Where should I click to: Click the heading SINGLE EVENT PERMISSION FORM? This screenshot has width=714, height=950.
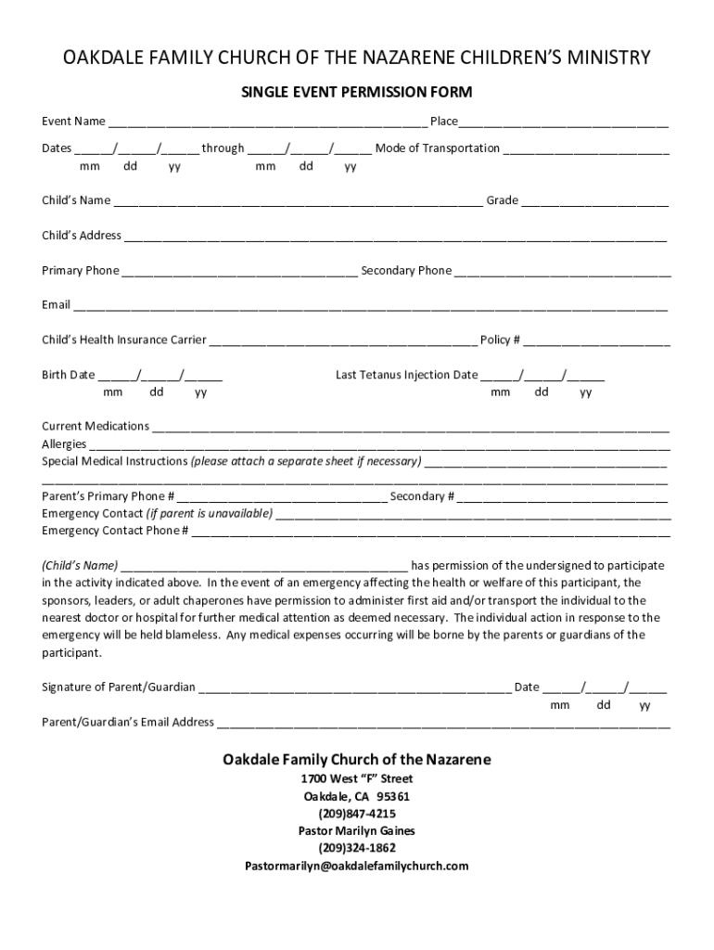[357, 93]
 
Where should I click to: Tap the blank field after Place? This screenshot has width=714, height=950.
[564, 122]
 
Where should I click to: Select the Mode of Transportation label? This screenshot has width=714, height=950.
[437, 148]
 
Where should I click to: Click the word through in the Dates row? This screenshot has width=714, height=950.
[223, 148]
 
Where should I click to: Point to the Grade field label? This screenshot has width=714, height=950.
[502, 200]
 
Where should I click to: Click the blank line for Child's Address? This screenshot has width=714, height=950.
[395, 237]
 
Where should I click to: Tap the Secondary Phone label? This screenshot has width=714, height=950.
[406, 271]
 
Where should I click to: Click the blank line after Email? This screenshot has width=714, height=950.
[371, 306]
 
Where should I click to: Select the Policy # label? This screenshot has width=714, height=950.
[499, 340]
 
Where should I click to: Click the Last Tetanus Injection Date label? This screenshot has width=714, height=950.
[407, 376]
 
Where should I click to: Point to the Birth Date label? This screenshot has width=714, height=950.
[68, 376]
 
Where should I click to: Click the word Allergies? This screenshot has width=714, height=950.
[64, 444]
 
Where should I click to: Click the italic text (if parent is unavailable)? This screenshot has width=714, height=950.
[210, 514]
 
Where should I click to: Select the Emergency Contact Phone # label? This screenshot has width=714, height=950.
[115, 532]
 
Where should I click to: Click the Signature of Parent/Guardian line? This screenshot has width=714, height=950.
[354, 688]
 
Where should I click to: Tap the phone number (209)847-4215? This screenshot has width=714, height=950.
[357, 814]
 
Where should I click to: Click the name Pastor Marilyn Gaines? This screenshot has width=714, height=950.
[357, 831]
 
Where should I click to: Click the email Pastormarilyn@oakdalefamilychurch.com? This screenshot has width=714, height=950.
[357, 867]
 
